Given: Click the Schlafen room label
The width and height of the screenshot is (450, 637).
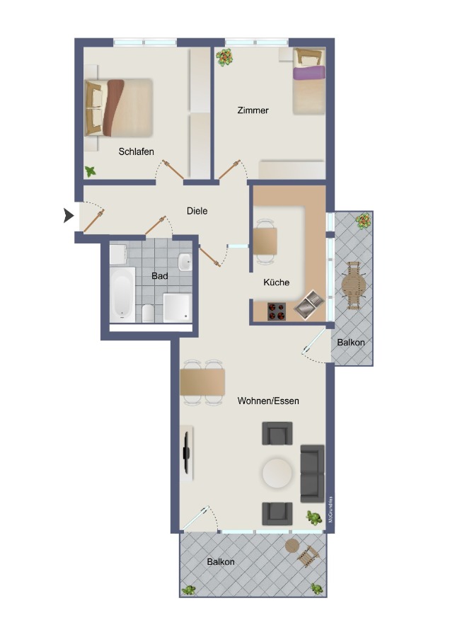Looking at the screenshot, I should pyautogui.click(x=136, y=151).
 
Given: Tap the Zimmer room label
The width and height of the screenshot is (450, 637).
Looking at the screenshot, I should pyautogui.click(x=253, y=110).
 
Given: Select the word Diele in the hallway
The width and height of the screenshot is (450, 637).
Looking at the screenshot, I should pyautogui.click(x=197, y=211).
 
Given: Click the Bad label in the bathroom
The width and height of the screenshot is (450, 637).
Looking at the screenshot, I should pyautogui.click(x=160, y=276).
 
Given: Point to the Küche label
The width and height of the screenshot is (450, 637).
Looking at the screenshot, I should pyautogui.click(x=276, y=282).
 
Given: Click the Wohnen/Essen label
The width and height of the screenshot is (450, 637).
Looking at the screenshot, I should pyautogui.click(x=268, y=401).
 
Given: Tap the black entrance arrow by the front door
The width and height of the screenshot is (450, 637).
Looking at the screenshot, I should pyautogui.click(x=69, y=216).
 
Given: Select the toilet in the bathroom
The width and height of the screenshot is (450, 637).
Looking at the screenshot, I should pyautogui.click(x=149, y=312).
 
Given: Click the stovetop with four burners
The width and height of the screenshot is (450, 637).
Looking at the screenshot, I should pyautogui.click(x=276, y=311).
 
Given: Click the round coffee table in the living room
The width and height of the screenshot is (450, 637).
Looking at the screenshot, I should pyautogui.click(x=277, y=472).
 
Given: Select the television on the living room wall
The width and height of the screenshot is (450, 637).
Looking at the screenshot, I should pyautogui.click(x=187, y=452).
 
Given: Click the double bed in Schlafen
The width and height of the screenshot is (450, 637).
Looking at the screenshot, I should pyautogui.click(x=119, y=107).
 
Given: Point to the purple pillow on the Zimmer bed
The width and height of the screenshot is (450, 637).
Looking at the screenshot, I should pyautogui.click(x=309, y=72).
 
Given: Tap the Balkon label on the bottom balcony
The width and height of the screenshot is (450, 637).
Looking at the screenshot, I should pyautogui.click(x=221, y=562).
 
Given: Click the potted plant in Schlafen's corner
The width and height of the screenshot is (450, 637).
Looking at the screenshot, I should pyautogui.click(x=91, y=171).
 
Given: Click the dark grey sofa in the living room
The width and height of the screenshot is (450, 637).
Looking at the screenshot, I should pyautogui.click(x=312, y=472).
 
